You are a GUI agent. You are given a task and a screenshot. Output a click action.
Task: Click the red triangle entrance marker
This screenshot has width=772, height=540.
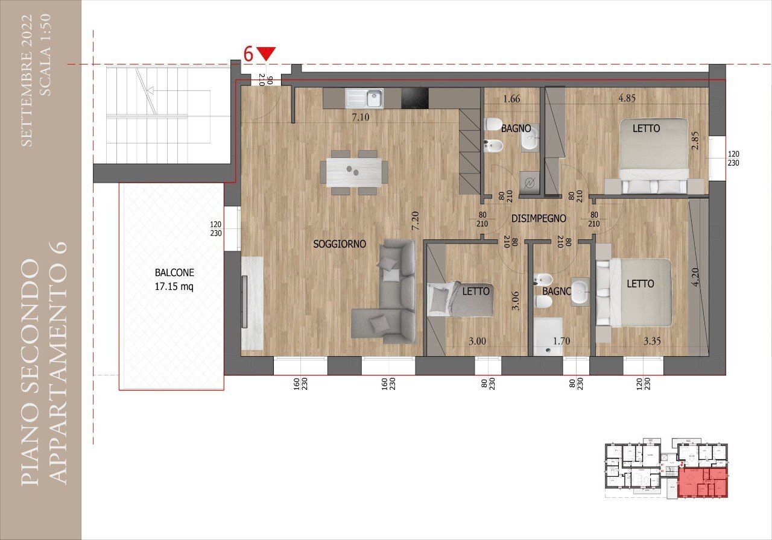point(266,54)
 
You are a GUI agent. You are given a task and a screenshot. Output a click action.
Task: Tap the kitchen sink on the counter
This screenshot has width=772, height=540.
point(364,98)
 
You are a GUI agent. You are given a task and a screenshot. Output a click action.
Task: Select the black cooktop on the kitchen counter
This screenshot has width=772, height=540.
point(415,98)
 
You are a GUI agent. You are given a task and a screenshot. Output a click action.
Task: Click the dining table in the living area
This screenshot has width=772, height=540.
point(353,172)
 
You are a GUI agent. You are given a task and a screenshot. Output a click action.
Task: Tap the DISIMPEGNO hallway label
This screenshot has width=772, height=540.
point(539,218)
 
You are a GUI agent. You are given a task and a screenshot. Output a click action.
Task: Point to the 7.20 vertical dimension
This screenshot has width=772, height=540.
point(415,221)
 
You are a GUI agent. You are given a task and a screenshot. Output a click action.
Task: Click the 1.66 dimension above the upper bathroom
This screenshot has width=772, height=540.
point(510,99)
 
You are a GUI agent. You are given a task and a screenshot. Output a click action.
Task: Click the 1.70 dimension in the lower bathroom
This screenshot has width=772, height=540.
point(562,341)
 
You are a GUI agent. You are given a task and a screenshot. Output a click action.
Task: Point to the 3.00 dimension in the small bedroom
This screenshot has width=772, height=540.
point(476,341)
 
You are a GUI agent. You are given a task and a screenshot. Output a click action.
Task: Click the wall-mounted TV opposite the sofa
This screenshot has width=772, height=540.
point(244,301)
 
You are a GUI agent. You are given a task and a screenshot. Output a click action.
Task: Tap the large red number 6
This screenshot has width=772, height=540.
point(248,53)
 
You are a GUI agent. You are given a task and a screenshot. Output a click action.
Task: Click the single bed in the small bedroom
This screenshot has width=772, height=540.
point(460,299)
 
